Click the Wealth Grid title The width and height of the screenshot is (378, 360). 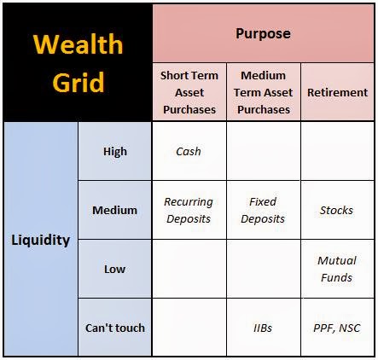pyautogui.click(x=77, y=62)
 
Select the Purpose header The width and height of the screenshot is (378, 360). pyautogui.click(x=263, y=34)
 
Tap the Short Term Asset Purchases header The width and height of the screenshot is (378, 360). pyautogui.click(x=189, y=92)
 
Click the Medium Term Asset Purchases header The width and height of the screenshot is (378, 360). pyautogui.click(x=263, y=92)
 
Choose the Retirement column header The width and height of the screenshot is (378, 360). pyautogui.click(x=337, y=92)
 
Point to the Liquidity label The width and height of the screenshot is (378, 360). pyautogui.click(x=41, y=240)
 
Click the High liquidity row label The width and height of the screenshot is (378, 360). pyautogui.click(x=114, y=151)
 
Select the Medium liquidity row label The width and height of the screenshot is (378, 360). pyautogui.click(x=114, y=210)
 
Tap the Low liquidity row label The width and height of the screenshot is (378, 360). pyautogui.click(x=114, y=269)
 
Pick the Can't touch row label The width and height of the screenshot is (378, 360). pyautogui.click(x=114, y=328)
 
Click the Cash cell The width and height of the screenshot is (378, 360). pyautogui.click(x=189, y=151)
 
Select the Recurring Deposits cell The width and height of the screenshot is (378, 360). pyautogui.click(x=189, y=210)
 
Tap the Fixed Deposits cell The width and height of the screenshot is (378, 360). pyautogui.click(x=263, y=210)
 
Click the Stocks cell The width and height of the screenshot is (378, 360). pyautogui.click(x=337, y=210)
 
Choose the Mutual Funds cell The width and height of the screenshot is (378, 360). pyautogui.click(x=337, y=269)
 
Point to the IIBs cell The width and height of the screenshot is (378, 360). pyautogui.click(x=263, y=328)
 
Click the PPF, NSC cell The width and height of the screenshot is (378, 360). pyautogui.click(x=337, y=328)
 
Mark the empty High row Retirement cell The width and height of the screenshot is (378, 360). pyautogui.click(x=337, y=151)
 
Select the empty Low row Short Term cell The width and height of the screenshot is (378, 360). pyautogui.click(x=189, y=269)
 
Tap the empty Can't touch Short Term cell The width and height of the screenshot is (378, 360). pyautogui.click(x=189, y=328)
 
